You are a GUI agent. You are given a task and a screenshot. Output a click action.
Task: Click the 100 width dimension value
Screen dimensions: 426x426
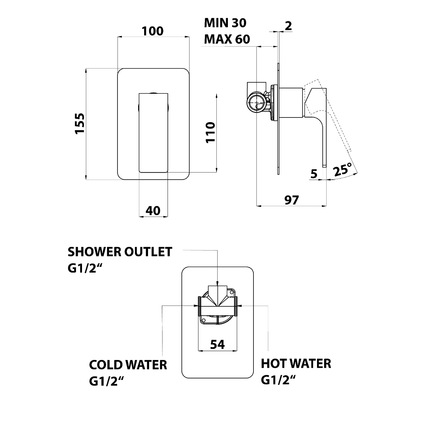[153, 31]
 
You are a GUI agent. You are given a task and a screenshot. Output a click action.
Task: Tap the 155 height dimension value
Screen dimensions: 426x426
[80, 123]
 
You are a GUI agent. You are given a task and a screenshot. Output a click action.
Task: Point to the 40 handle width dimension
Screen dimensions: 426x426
[153, 211]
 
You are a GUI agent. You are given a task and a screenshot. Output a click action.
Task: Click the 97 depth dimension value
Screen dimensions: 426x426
[291, 200]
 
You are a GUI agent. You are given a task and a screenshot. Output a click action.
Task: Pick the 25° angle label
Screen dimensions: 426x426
[343, 169]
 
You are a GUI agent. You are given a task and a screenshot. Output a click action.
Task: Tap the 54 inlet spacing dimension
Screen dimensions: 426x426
[217, 344]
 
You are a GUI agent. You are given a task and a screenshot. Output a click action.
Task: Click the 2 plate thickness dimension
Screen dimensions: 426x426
[288, 26]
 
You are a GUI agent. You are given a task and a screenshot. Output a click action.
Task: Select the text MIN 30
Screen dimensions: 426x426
[225, 23]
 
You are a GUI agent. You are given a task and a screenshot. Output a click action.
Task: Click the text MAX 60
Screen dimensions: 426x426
[227, 39]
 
